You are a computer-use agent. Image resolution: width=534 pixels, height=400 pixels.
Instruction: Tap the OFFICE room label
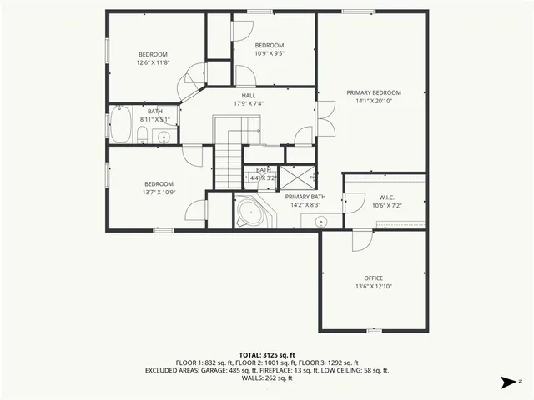point(373,277)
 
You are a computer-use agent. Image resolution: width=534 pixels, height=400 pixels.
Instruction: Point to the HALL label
point(249,96)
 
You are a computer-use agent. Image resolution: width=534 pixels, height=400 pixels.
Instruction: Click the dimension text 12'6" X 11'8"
point(153,62)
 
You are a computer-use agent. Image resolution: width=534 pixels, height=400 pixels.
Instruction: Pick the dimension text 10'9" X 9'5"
point(269,53)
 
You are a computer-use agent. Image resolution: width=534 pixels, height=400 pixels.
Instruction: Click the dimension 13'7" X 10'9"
point(158,192)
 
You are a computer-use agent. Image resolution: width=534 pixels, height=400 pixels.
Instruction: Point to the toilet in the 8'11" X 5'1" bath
point(143,135)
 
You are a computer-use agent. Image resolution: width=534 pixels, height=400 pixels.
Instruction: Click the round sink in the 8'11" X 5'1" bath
point(164,137)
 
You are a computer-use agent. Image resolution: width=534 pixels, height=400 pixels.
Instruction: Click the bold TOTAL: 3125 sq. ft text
point(267,354)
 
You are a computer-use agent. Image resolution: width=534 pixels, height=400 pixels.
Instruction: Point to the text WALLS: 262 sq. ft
point(266,377)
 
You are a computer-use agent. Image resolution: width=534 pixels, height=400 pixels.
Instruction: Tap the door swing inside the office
point(360,240)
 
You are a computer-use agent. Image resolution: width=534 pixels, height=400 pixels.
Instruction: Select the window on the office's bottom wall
point(373,331)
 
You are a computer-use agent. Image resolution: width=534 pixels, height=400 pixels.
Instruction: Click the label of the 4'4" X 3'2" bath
point(264,170)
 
